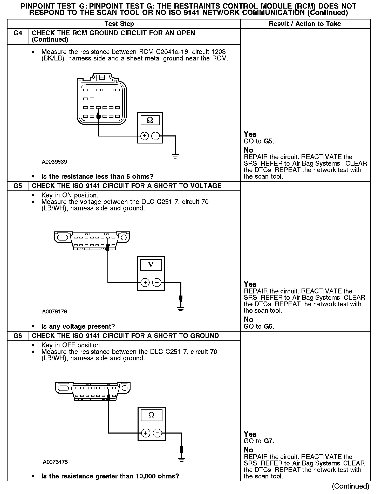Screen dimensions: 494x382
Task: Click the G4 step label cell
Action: pyautogui.click(x=18, y=33)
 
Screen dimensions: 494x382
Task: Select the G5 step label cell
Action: pyautogui.click(x=18, y=186)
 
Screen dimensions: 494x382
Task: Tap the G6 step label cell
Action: pyautogui.click(x=18, y=336)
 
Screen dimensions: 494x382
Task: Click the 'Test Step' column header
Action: pyautogui.click(x=119, y=24)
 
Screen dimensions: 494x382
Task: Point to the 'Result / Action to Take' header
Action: pyautogui.click(x=305, y=24)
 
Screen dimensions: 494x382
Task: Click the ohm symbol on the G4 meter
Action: pyautogui.click(x=150, y=120)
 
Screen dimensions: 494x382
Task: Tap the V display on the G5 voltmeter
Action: pyautogui.click(x=151, y=265)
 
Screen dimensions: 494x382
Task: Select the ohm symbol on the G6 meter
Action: pyautogui.click(x=151, y=415)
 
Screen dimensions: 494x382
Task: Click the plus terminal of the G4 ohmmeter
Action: pyautogui.click(x=145, y=136)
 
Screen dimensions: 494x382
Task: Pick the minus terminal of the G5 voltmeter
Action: pyautogui.click(x=157, y=283)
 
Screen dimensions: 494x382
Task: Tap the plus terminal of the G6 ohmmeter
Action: pyautogui.click(x=146, y=433)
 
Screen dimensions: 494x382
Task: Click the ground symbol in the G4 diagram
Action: pyautogui.click(x=175, y=156)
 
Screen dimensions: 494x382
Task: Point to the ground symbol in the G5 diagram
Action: pyautogui.click(x=181, y=309)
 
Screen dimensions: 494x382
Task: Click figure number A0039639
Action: pyautogui.click(x=54, y=162)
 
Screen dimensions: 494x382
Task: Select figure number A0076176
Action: pyautogui.click(x=54, y=312)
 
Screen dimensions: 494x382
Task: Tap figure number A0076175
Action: pyautogui.click(x=55, y=462)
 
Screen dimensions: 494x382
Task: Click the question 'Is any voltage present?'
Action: pyautogui.click(x=78, y=326)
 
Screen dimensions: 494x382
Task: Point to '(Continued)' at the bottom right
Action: pyautogui.click(x=350, y=486)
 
